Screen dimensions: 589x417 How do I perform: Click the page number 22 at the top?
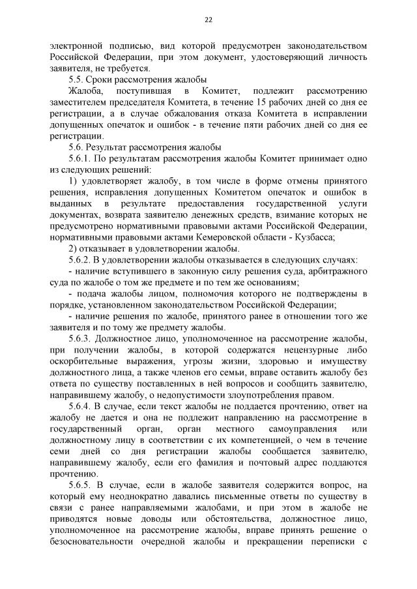(208, 20)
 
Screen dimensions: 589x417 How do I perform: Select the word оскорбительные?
(87, 362)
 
